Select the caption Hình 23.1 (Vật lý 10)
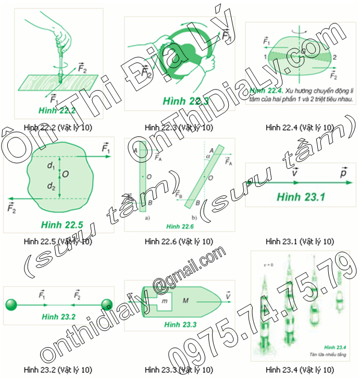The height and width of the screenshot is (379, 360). (300, 242)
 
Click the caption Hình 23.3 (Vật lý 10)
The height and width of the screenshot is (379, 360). (179, 370)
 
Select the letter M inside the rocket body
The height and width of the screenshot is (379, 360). (185, 300)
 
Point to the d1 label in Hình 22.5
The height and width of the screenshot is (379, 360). (51, 167)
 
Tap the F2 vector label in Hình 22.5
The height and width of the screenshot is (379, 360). (12, 208)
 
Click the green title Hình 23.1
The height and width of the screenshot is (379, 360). (301, 197)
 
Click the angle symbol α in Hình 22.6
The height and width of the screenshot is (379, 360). (207, 155)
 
